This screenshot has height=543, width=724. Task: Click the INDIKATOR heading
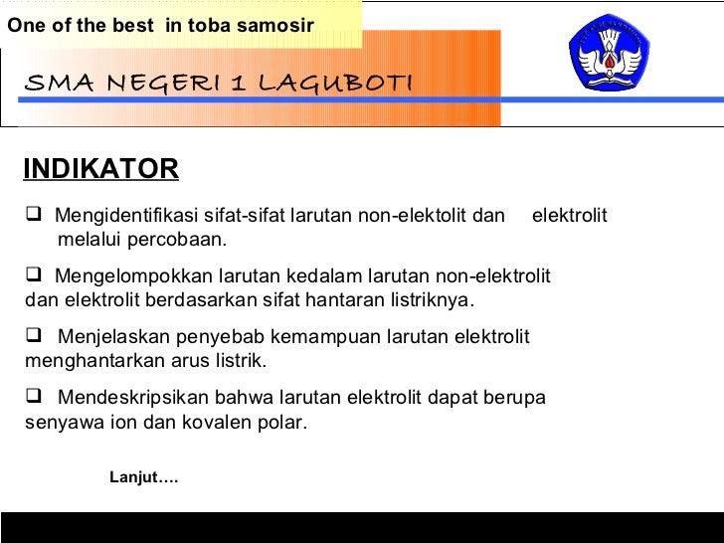click(100, 169)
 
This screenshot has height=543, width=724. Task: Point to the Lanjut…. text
click(143, 478)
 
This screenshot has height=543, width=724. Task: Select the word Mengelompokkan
click(126, 276)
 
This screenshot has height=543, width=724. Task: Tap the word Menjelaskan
click(105, 337)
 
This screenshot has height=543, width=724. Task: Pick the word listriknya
click(433, 300)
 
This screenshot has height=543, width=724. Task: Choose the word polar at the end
click(283, 422)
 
